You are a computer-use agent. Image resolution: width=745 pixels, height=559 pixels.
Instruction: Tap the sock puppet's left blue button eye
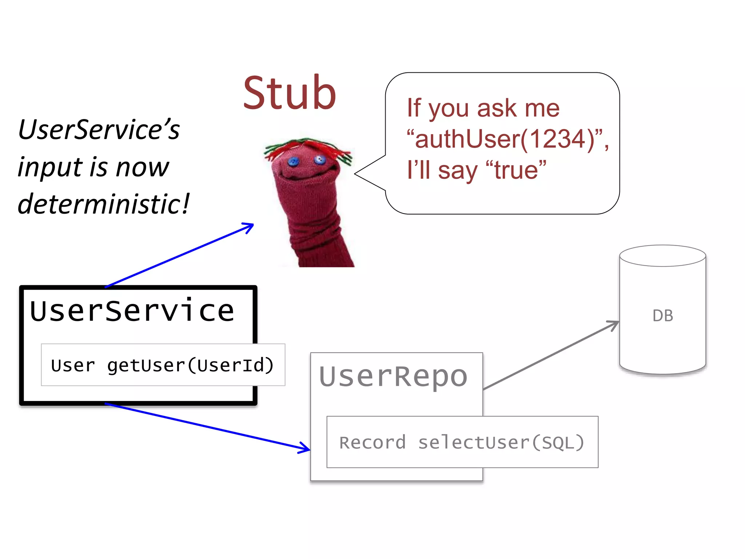click(x=293, y=161)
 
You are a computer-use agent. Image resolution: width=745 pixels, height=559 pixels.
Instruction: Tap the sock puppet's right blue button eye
click(x=320, y=159)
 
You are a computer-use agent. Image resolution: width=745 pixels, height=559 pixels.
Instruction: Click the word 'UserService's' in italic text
click(x=99, y=130)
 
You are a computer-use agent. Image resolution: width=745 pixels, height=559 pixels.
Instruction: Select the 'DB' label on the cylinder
click(x=663, y=316)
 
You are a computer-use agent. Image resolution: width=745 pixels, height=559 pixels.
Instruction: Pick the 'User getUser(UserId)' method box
click(x=163, y=365)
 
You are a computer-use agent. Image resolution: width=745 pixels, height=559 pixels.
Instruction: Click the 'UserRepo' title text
click(x=393, y=377)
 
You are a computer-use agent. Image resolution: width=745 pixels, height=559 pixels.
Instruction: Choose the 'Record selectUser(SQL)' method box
click(x=462, y=442)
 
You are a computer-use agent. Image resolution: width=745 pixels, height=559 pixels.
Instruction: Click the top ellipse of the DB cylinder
click(x=663, y=255)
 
